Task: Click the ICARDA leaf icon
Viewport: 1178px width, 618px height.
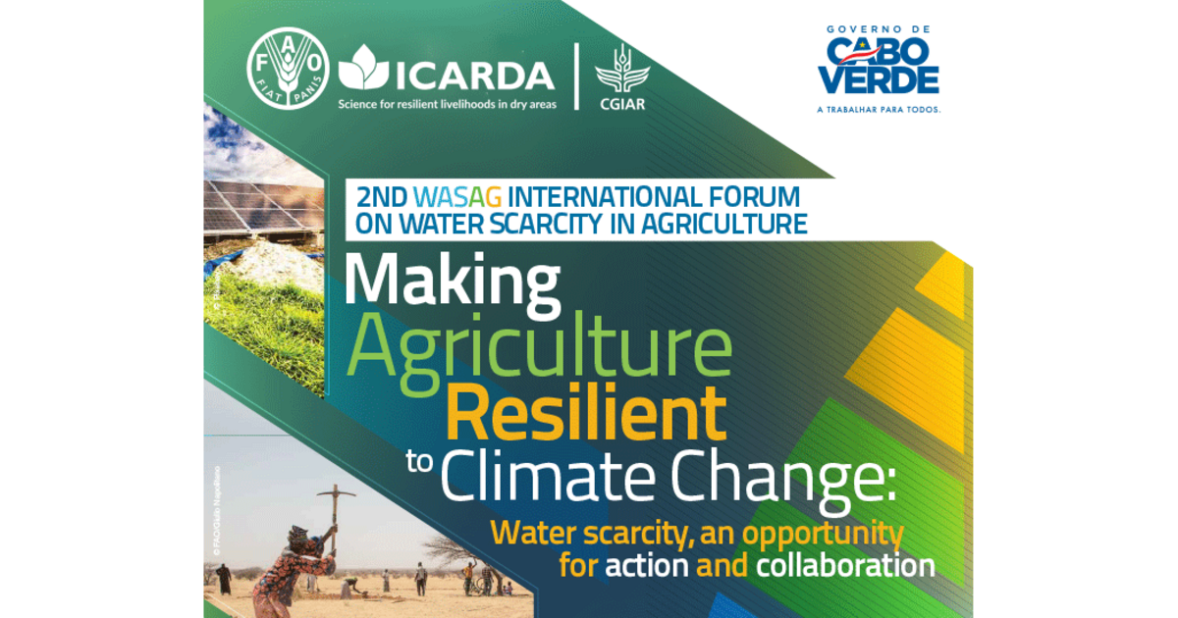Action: [x=362, y=68]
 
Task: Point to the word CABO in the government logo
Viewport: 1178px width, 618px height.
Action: [x=878, y=49]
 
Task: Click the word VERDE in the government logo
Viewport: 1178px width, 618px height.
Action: [x=879, y=79]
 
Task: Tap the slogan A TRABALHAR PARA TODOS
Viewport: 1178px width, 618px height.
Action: [x=879, y=110]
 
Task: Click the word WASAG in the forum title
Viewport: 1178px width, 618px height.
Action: [x=459, y=195]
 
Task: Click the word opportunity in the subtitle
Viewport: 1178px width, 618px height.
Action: [x=823, y=534]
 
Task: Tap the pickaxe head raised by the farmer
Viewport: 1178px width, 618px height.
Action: [x=337, y=490]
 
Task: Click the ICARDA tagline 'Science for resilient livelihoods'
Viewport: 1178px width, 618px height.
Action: [x=447, y=103]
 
